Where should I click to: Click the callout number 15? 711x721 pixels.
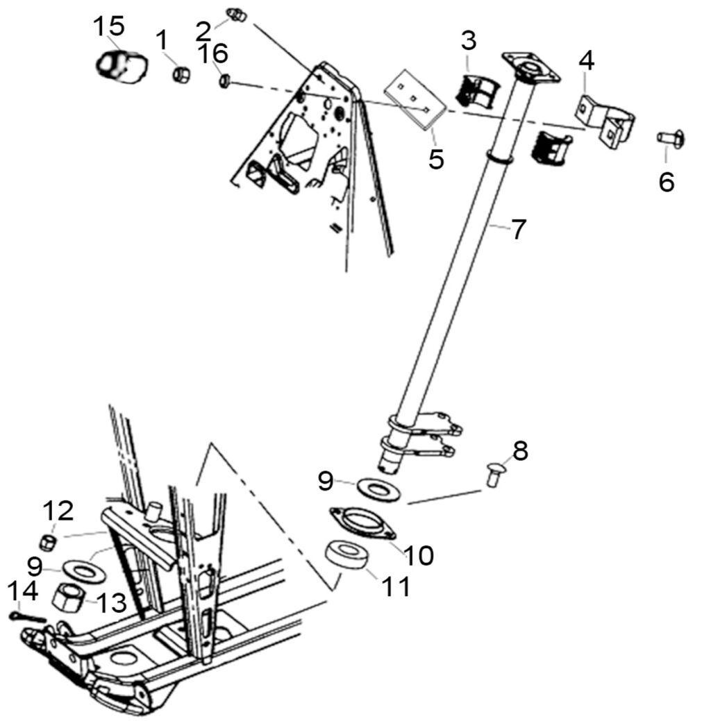[109, 26]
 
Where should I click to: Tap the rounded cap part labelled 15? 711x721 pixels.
[122, 67]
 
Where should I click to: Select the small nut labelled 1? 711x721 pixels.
[181, 74]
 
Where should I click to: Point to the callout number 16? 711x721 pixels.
[213, 53]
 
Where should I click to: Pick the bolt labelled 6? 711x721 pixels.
[671, 138]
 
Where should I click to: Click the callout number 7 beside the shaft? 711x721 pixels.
[519, 229]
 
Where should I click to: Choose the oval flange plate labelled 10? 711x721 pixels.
[363, 523]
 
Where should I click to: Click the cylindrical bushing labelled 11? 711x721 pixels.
[349, 557]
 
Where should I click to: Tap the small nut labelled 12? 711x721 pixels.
[48, 543]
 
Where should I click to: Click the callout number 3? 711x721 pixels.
[468, 41]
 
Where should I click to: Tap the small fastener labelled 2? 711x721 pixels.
[237, 15]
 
